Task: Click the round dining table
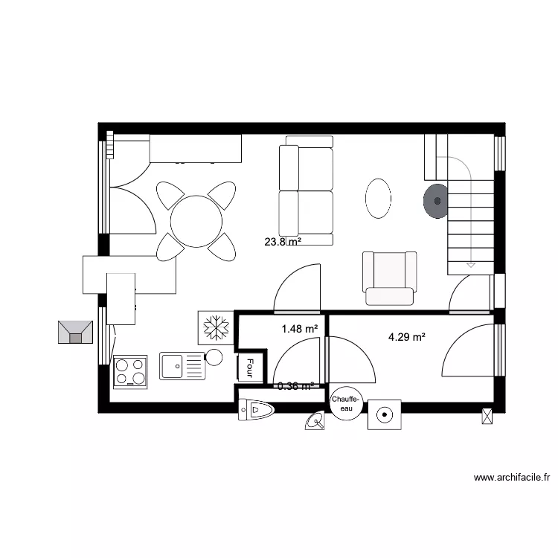click(x=196, y=221)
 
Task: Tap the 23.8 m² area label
click(x=283, y=242)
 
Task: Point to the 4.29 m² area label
click(x=407, y=337)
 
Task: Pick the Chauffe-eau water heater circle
click(x=347, y=404)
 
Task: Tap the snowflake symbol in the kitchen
click(x=217, y=327)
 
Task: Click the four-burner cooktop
click(x=130, y=371)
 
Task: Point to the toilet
click(x=257, y=410)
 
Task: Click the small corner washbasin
click(x=315, y=422)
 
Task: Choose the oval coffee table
click(x=378, y=198)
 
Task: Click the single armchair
click(x=389, y=277)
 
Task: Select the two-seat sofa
click(x=306, y=191)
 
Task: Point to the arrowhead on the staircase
click(x=470, y=263)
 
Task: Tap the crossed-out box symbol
click(x=488, y=416)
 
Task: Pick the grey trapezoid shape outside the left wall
click(x=75, y=332)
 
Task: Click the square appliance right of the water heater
click(x=385, y=414)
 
